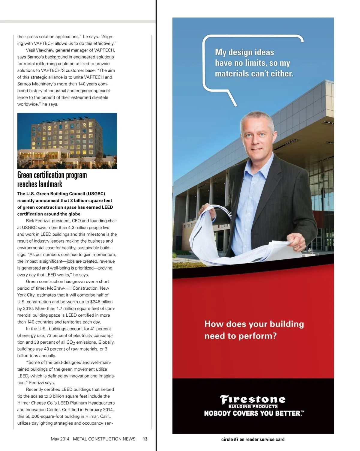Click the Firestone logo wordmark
(x=253, y=399)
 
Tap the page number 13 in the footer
(x=145, y=439)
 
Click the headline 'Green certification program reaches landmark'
(x=52, y=179)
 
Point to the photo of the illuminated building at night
(x=67, y=141)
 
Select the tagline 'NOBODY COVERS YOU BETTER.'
(x=254, y=413)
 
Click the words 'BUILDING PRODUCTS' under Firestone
(x=253, y=407)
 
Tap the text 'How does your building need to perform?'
(x=254, y=330)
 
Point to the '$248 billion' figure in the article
(x=101, y=302)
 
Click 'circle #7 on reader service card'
(x=253, y=439)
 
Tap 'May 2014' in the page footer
(x=60, y=439)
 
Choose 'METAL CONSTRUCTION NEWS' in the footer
(x=104, y=439)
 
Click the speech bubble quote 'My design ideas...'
(x=254, y=63)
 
